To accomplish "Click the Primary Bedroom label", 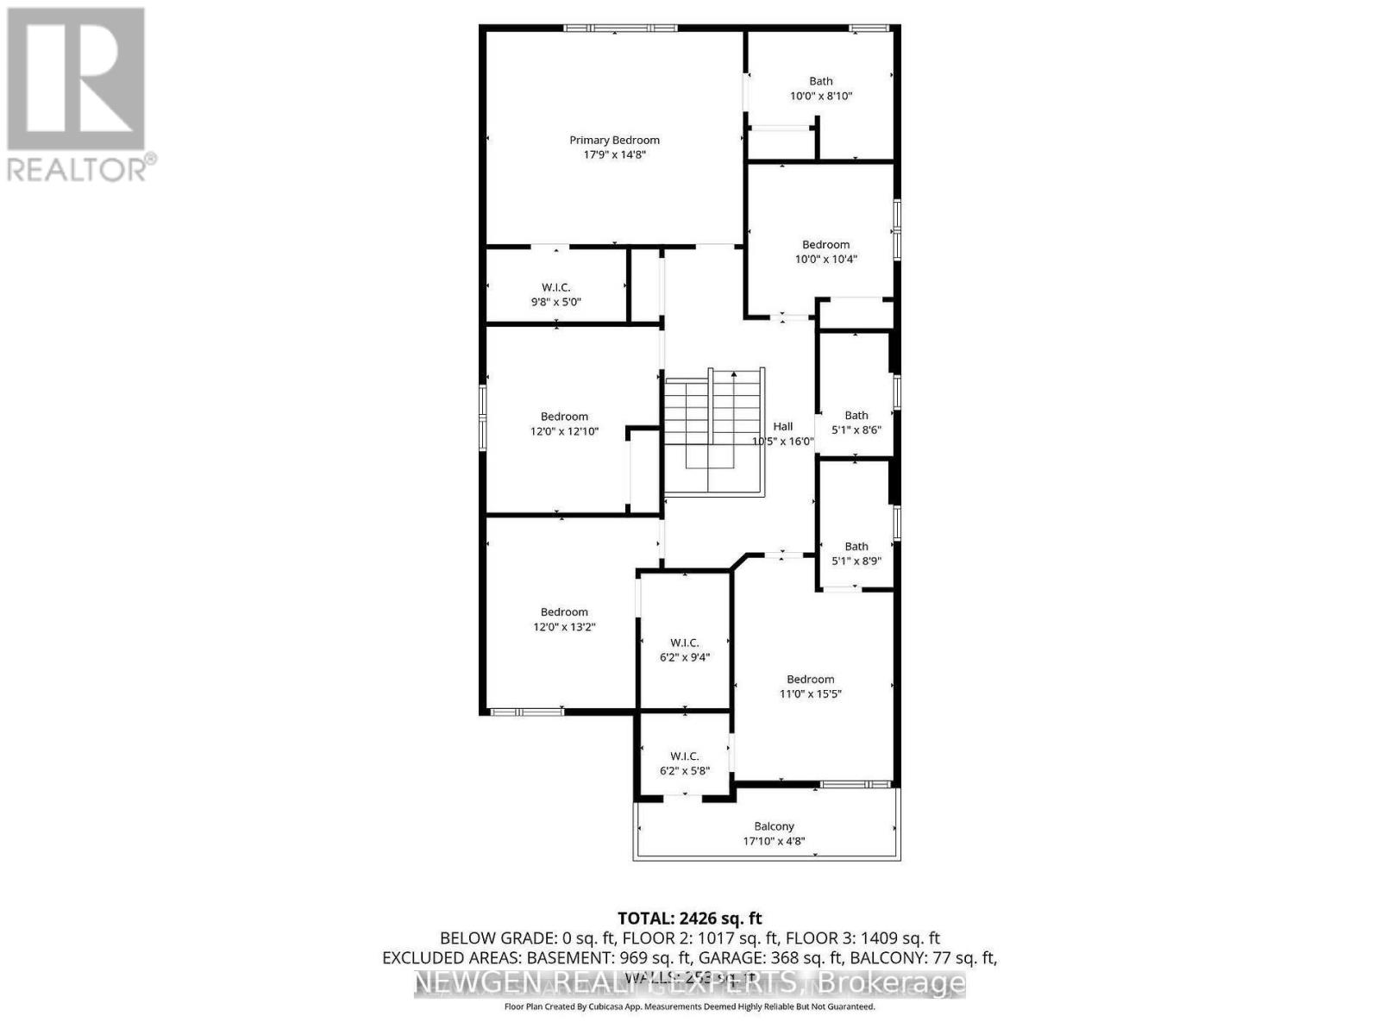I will pos(614,140).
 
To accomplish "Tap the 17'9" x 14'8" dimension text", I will pos(614,155).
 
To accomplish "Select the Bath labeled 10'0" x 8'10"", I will pos(820,88).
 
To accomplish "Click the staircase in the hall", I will pos(713,431).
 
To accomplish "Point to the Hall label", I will pos(782,426).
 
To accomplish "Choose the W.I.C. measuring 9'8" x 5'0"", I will pos(555,294).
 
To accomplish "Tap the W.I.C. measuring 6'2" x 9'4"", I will pos(684,649).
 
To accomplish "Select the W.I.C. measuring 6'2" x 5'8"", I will pos(684,763).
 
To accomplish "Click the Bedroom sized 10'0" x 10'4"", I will pos(825,251).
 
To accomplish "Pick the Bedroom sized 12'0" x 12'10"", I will pos(564,423).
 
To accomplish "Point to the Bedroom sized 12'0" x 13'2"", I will pos(564,619).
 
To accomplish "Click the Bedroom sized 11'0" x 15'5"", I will pos(810,686).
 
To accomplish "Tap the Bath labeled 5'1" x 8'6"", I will pos(856,422).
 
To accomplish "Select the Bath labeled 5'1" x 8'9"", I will pos(856,553).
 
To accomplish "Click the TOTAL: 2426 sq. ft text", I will pos(689,919).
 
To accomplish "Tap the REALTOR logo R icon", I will pos(76,79).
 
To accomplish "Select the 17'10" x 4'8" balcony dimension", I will pos(774,841).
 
